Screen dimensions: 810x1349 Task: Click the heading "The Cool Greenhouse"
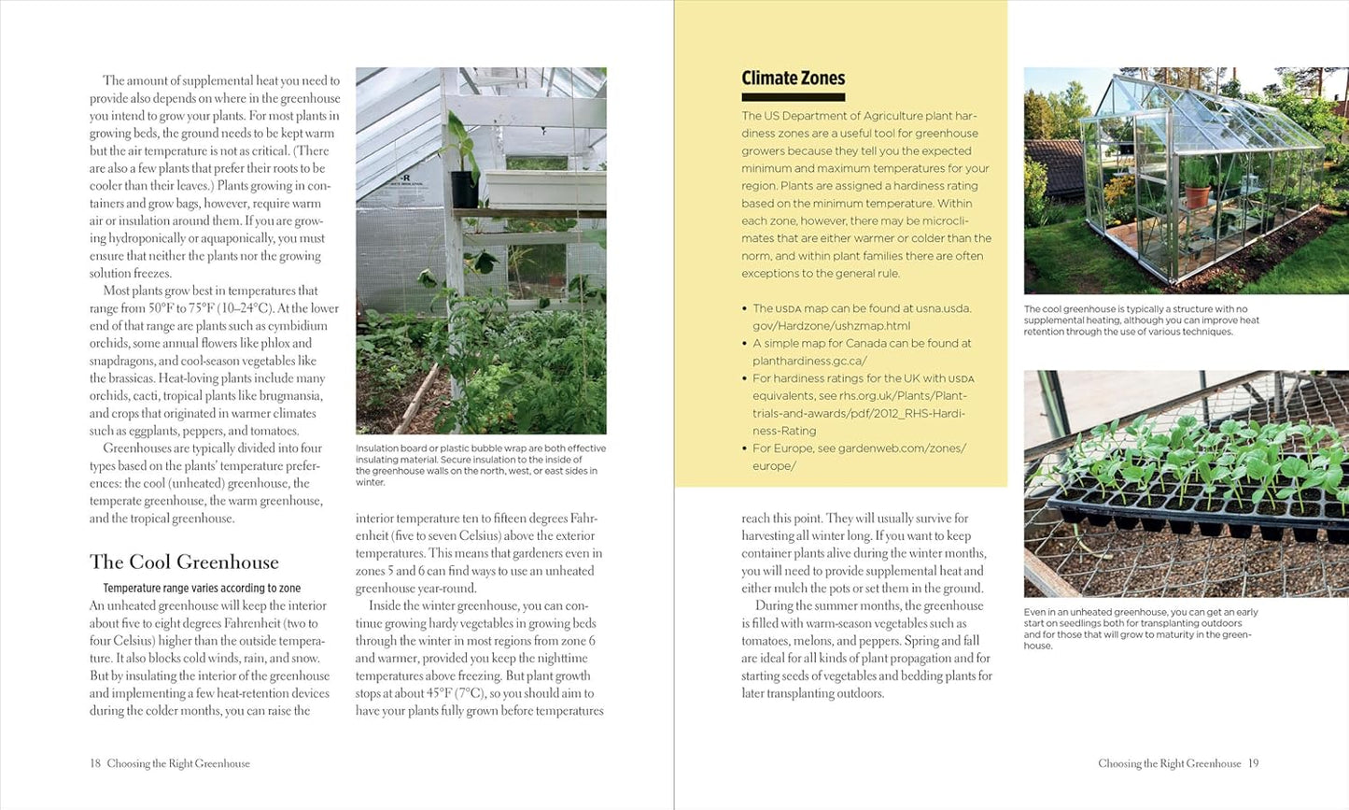pos(184,562)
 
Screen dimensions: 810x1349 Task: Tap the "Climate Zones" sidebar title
pos(793,78)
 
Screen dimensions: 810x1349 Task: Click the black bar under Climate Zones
pos(793,97)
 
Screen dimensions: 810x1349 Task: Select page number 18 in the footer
pos(95,763)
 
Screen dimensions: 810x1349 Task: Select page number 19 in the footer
pos(1254,763)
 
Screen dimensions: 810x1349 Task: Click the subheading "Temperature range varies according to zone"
pos(202,589)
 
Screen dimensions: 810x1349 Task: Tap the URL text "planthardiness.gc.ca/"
pos(809,361)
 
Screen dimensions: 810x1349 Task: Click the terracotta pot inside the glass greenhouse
pos(1197,195)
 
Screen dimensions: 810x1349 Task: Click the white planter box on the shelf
pos(528,187)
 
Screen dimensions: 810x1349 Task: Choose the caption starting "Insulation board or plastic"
pos(480,465)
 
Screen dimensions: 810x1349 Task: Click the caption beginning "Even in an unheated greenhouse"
pos(1140,629)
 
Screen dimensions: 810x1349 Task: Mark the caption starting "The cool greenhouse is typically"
pos(1141,320)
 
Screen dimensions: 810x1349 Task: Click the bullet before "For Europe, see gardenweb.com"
pos(744,448)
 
